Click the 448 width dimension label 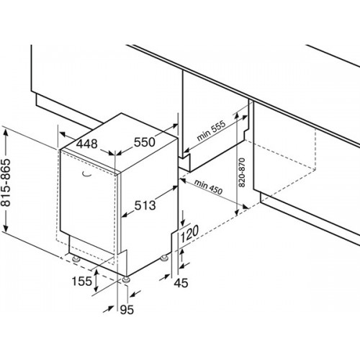click(87, 144)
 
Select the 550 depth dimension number click(145, 142)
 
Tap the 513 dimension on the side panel click(145, 205)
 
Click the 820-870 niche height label click(242, 172)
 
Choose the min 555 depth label click(211, 130)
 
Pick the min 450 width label click(208, 186)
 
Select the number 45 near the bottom click(181, 283)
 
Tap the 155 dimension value click(82, 281)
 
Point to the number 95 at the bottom click(127, 310)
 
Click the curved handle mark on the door click(86, 174)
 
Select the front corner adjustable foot click(127, 279)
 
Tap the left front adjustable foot click(76, 258)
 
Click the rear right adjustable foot click(165, 258)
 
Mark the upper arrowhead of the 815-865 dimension click(6, 132)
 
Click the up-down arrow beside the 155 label click(96, 280)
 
